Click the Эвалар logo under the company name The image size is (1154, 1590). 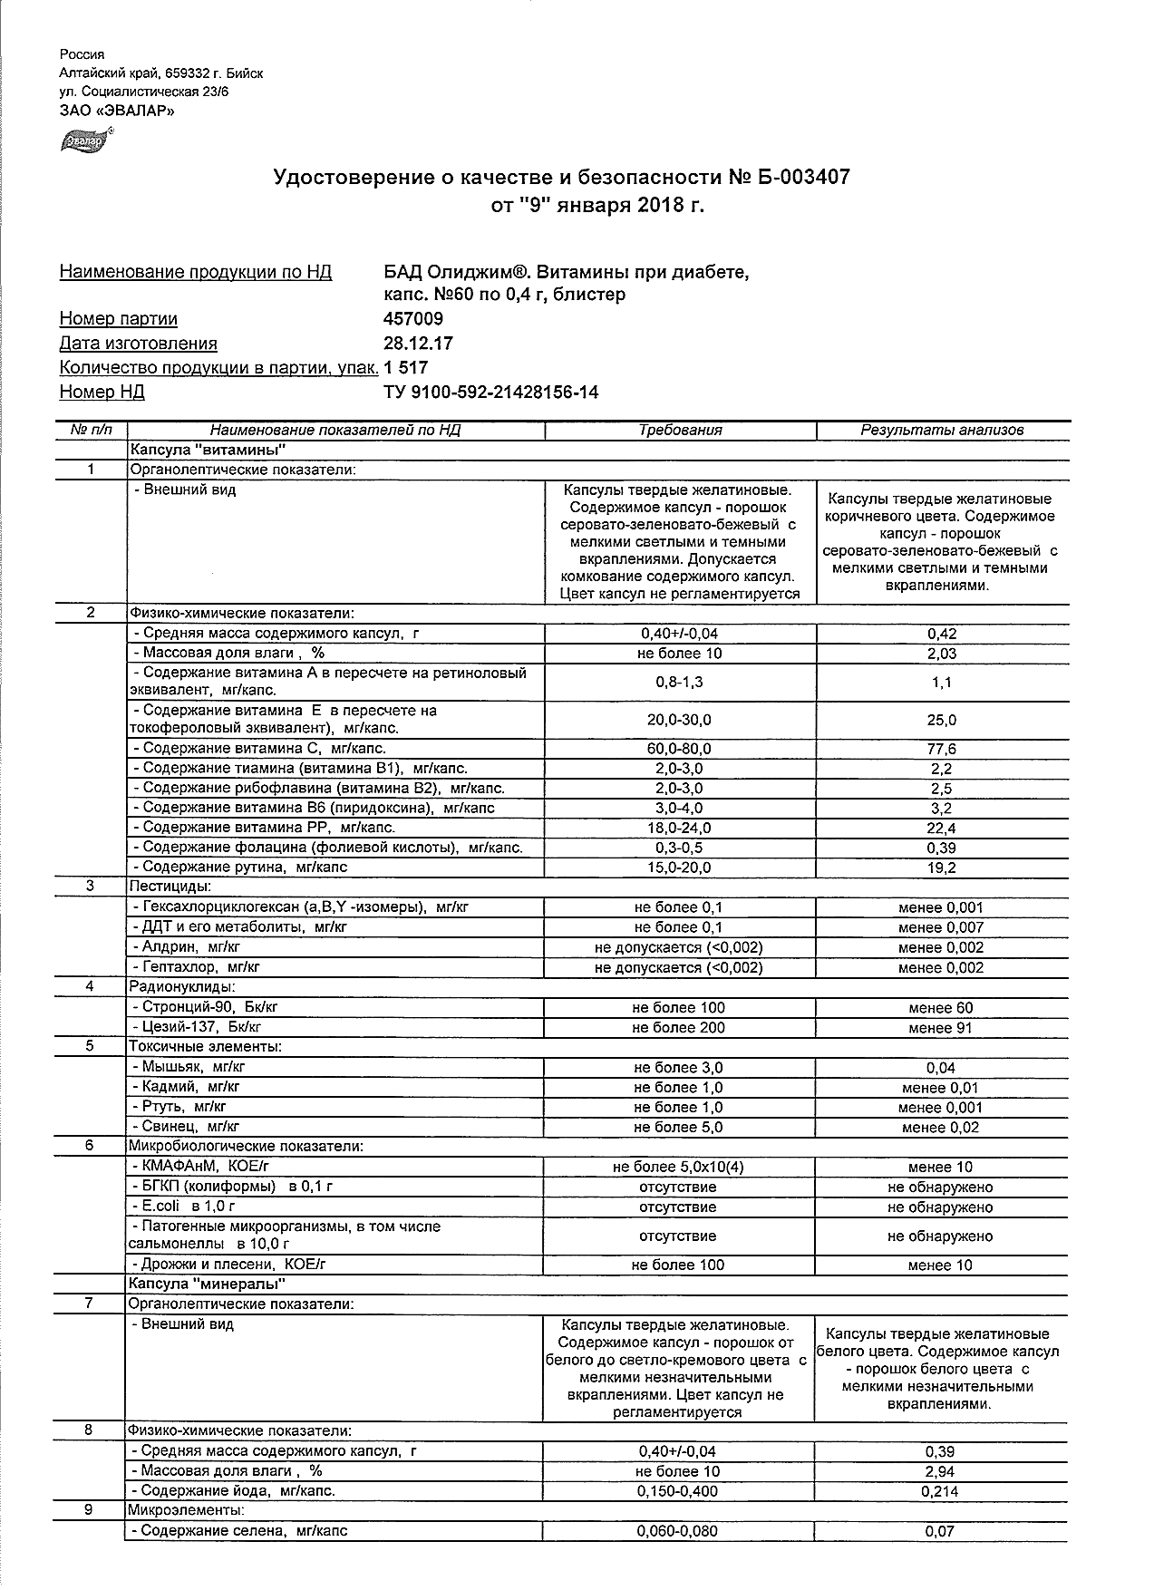pyautogui.click(x=84, y=142)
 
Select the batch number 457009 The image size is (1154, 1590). pyautogui.click(x=414, y=319)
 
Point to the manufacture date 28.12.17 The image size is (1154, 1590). pyautogui.click(x=419, y=344)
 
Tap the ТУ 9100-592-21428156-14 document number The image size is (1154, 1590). pyautogui.click(x=491, y=393)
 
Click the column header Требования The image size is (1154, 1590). pyautogui.click(x=680, y=431)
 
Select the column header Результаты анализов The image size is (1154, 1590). pyautogui.click(x=942, y=431)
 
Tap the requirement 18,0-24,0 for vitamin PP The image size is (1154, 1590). pyautogui.click(x=680, y=828)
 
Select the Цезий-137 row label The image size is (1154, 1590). pyautogui.click(x=197, y=1027)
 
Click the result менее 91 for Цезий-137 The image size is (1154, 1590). pyautogui.click(x=942, y=1028)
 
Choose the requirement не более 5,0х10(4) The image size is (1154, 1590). pyautogui.click(x=679, y=1168)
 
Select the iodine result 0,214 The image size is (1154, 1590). pyautogui.click(x=940, y=1491)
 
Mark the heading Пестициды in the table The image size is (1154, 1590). pyautogui.click(x=170, y=886)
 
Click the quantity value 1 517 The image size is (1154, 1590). pyautogui.click(x=406, y=368)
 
